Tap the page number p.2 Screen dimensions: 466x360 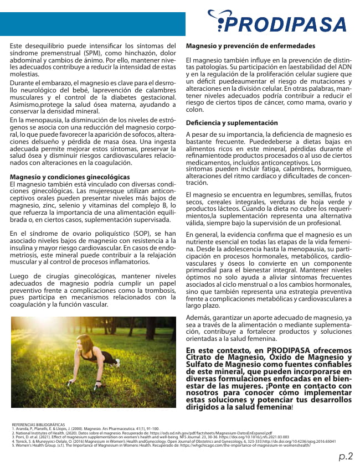coord(346,456)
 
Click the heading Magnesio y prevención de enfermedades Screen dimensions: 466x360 coord(251,45)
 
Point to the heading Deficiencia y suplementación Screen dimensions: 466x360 coord(232,122)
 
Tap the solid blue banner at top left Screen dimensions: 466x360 coord(92,24)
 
